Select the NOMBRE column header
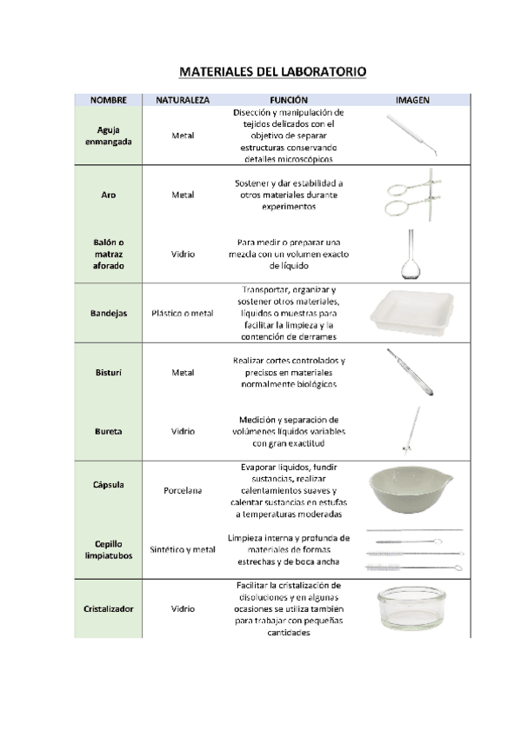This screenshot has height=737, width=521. [x=109, y=100]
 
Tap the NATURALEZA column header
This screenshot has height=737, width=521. [x=183, y=100]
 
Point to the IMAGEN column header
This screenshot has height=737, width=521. [x=411, y=100]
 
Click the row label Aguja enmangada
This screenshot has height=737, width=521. [x=109, y=136]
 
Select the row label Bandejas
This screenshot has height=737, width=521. [x=109, y=313]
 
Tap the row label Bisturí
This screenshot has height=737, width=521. [x=109, y=372]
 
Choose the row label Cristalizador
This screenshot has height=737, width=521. [x=109, y=609]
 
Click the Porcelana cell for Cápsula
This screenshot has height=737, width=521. [x=183, y=491]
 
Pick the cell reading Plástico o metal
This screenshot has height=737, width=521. [x=183, y=313]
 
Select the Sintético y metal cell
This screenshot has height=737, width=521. [x=183, y=549]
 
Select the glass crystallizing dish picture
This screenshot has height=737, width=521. [x=411, y=609]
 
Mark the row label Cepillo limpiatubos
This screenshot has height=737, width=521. [x=109, y=549]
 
